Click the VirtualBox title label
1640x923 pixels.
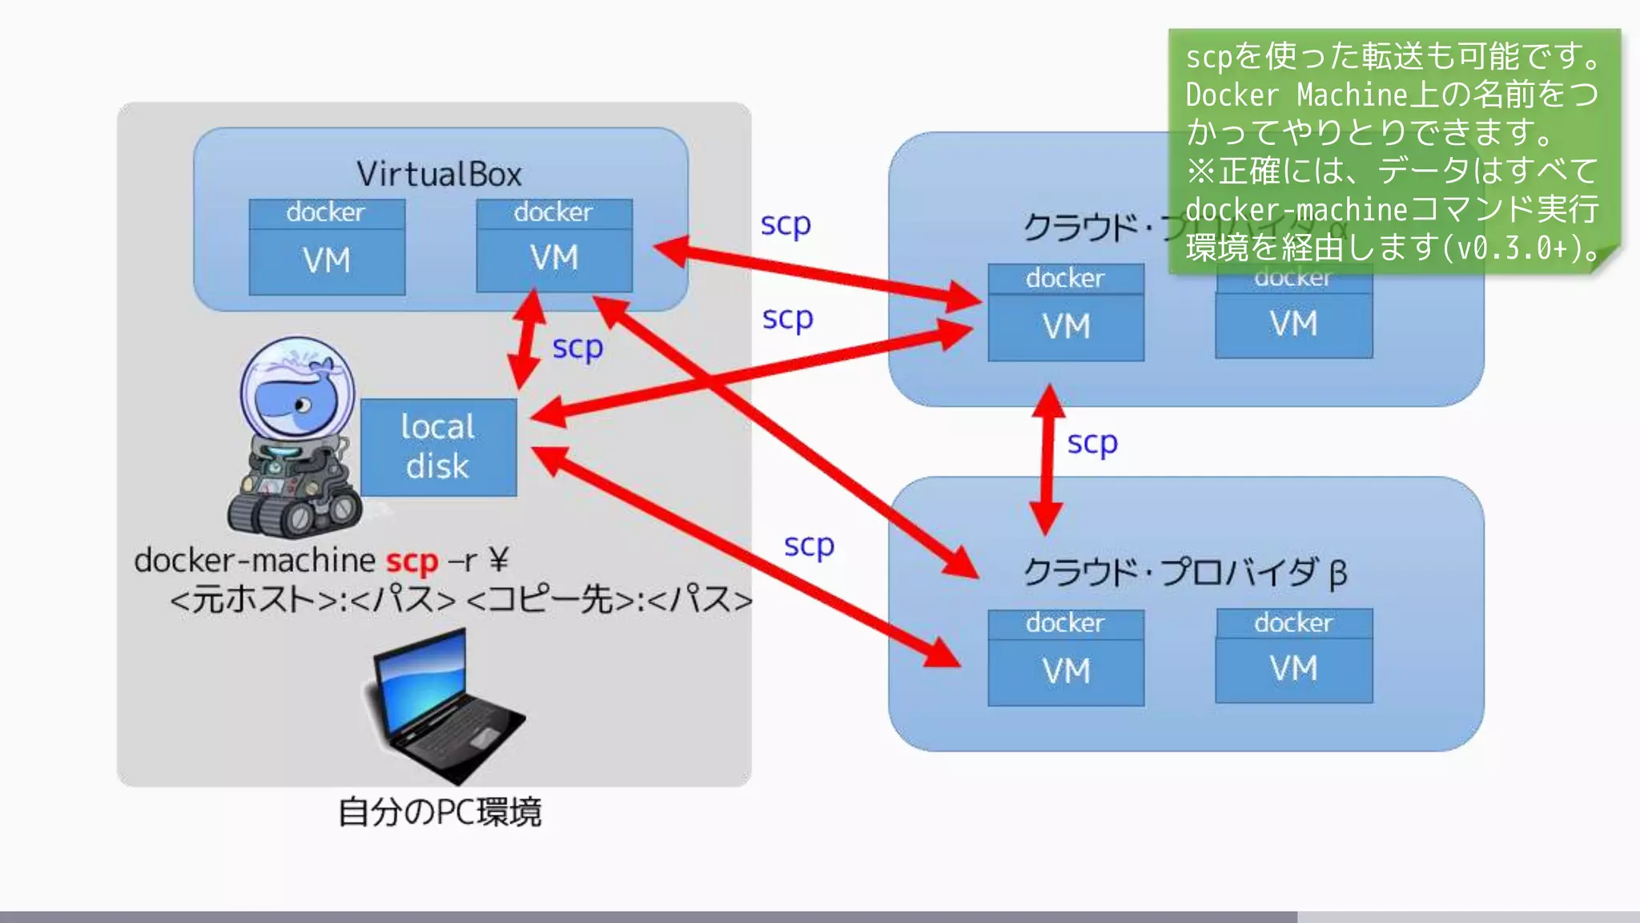pyautogui.click(x=439, y=174)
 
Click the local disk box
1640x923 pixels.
pyautogui.click(x=438, y=447)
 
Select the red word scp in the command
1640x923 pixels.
pyautogui.click(x=412, y=562)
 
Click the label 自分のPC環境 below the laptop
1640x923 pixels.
pyautogui.click(x=440, y=812)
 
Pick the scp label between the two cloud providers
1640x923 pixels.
pyautogui.click(x=1092, y=442)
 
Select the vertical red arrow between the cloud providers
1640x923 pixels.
pyautogui.click(x=1047, y=460)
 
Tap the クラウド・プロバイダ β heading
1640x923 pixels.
pyautogui.click(x=1185, y=572)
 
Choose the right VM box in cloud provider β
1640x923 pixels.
pyautogui.click(x=1293, y=668)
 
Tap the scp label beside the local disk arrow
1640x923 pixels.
pyautogui.click(x=577, y=348)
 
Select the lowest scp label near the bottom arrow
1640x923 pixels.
pyautogui.click(x=809, y=546)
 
